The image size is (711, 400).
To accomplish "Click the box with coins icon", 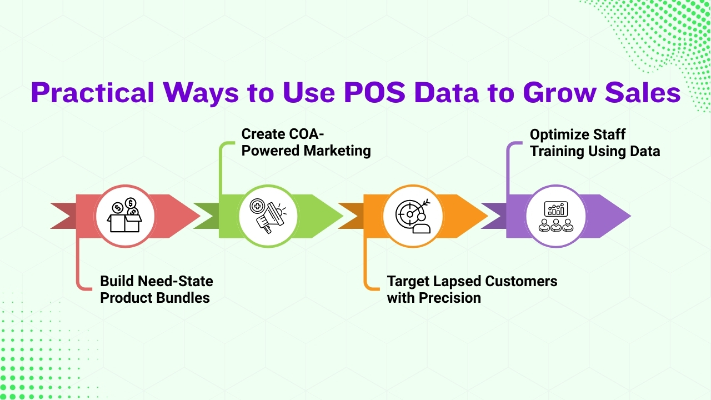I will click(124, 216).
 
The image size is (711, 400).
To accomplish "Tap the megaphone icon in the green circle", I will click(268, 216).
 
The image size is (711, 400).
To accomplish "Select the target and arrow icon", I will click(413, 216).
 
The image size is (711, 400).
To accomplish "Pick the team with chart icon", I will click(556, 216).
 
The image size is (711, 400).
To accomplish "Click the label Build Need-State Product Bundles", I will click(156, 289).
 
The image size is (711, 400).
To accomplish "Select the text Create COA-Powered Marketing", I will click(306, 142).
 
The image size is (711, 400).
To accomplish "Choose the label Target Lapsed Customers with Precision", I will click(472, 289).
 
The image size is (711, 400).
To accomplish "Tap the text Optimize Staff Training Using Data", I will click(594, 142).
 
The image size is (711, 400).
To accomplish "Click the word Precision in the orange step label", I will click(449, 298).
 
